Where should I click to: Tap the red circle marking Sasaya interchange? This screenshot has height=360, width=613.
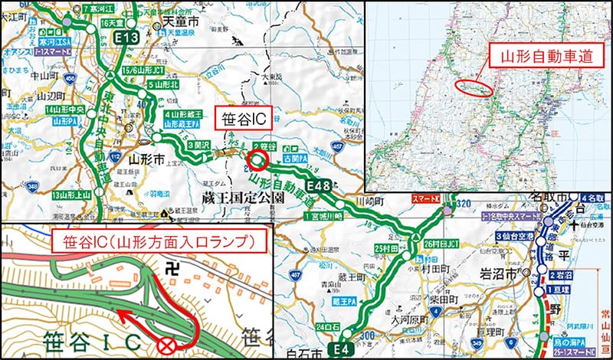[x=257, y=162]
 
